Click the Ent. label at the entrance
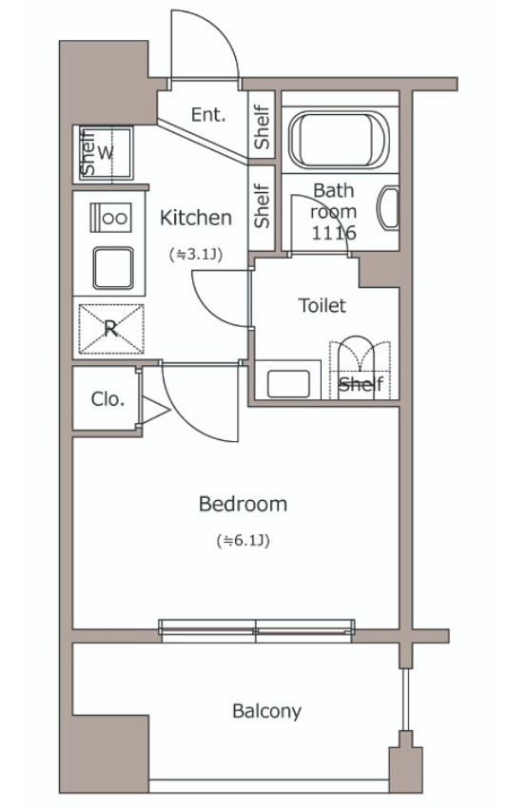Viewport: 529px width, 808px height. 208,114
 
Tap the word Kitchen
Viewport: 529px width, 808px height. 196,218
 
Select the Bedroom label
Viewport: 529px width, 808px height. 243,504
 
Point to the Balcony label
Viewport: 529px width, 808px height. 266,711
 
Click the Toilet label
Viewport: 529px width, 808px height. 323,305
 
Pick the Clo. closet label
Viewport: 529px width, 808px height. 108,399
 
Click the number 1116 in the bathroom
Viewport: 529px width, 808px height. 334,233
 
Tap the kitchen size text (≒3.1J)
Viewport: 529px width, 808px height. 196,254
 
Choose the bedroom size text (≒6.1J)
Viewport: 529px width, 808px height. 243,541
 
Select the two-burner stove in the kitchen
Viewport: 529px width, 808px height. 110,218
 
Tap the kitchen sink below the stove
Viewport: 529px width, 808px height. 113,267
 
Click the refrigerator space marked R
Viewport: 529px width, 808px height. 110,329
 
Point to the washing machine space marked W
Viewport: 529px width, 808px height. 106,153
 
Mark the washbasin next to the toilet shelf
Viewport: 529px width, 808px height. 288,384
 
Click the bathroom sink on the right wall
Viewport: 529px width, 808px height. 390,209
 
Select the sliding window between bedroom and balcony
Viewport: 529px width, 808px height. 256,631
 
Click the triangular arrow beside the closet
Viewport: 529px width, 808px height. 155,411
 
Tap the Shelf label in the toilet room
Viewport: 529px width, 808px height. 361,384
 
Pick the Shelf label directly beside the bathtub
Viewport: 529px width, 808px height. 262,127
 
